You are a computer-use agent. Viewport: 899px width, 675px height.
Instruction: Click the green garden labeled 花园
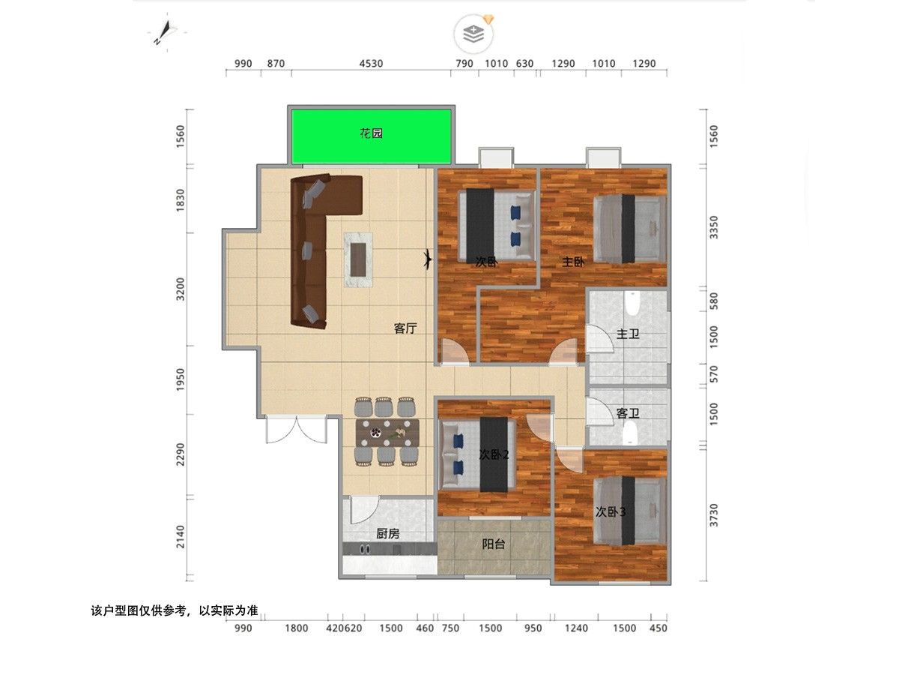tap(371, 136)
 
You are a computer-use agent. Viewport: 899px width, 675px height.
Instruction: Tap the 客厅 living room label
tap(405, 328)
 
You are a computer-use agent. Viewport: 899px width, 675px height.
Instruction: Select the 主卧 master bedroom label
tap(573, 262)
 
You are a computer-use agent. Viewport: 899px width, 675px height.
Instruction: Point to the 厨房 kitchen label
tap(387, 533)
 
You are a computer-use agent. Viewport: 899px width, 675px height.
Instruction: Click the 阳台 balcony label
tap(494, 544)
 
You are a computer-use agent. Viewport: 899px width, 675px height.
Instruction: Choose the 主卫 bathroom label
tap(628, 334)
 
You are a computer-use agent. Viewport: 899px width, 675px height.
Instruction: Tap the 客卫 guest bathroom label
tap(628, 413)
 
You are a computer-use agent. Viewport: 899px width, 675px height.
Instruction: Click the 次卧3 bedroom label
tap(611, 512)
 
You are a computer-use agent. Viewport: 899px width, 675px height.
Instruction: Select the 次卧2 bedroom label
tap(494, 454)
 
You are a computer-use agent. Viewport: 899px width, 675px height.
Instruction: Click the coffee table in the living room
tap(358, 259)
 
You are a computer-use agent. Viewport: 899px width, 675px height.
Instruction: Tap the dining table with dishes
tap(387, 433)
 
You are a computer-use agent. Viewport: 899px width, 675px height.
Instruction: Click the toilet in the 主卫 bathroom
tap(633, 303)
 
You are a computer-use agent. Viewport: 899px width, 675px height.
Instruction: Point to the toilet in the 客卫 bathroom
tap(630, 434)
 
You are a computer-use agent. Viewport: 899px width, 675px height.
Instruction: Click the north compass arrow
tap(166, 31)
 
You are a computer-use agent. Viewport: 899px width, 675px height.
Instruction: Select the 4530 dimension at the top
tap(371, 64)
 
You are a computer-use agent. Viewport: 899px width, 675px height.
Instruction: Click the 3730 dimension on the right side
tap(714, 515)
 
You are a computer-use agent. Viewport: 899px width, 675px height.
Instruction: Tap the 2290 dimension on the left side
tap(181, 454)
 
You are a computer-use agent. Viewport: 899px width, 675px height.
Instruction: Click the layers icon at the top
tap(473, 34)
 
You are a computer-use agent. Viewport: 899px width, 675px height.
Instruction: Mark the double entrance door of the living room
tap(297, 429)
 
